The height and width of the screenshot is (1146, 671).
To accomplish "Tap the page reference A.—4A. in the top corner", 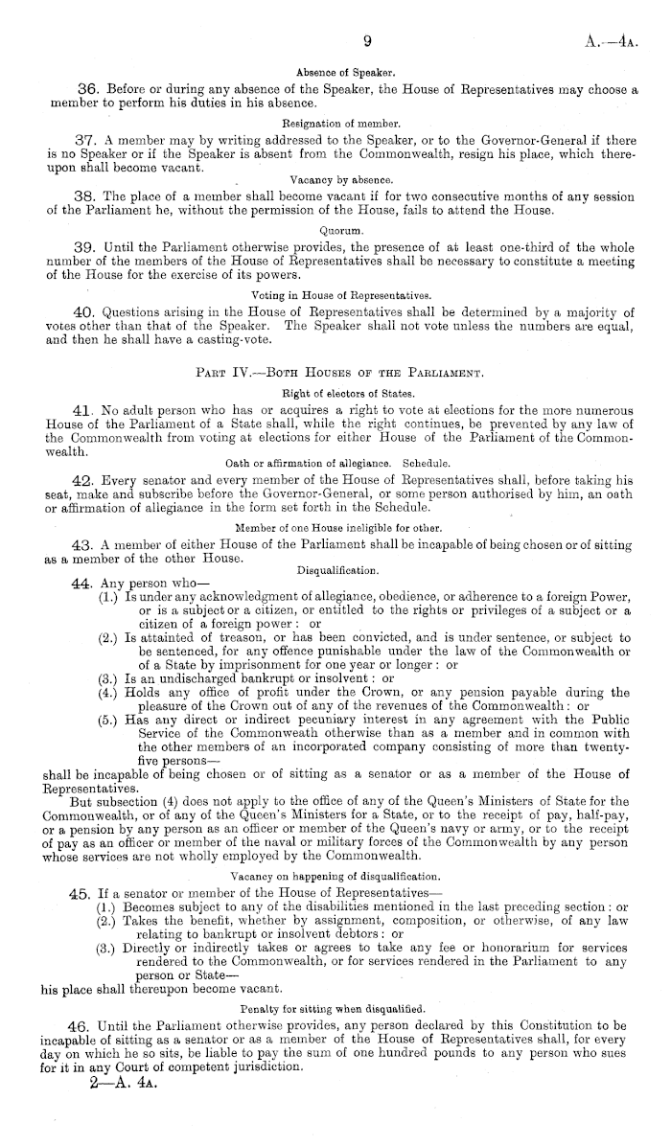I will pyautogui.click(x=613, y=41).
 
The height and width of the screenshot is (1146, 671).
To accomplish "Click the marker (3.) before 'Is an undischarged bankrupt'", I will pyautogui.click(x=108, y=679).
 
